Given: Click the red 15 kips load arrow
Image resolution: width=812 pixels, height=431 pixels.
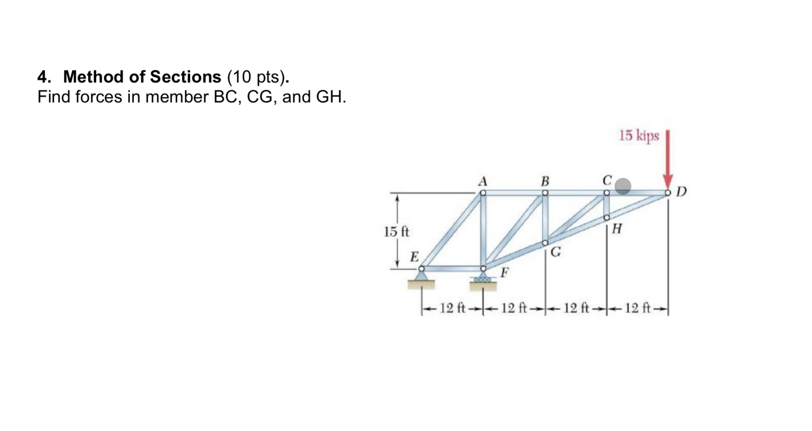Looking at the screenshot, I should [x=668, y=159].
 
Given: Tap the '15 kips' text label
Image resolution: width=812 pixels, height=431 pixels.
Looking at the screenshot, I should [x=638, y=135].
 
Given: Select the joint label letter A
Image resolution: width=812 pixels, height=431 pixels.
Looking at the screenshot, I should [x=483, y=181].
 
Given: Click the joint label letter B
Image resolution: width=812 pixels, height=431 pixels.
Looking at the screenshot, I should [x=545, y=181].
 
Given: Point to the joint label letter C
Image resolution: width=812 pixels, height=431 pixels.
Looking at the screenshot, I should [x=607, y=180].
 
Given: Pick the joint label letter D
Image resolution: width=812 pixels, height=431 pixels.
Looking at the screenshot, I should [x=682, y=192].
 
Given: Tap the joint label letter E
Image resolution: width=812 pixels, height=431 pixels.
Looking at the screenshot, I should [x=414, y=257].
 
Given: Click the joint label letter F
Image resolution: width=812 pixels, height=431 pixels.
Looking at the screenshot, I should [x=504, y=272].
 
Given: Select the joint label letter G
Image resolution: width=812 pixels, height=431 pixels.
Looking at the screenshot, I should [x=556, y=252].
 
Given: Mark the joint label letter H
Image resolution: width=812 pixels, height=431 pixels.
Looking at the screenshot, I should [x=617, y=229].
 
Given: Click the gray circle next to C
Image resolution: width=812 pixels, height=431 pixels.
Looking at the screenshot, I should [x=623, y=186].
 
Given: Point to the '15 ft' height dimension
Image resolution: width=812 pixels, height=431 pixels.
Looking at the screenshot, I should [x=397, y=231].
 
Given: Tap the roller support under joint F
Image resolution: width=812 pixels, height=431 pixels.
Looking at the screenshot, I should [x=483, y=279].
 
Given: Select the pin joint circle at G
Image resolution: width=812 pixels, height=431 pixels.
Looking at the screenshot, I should [x=545, y=242].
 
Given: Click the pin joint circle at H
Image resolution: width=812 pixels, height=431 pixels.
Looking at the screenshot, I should [x=607, y=217].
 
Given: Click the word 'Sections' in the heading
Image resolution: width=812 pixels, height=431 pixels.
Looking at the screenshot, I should [x=186, y=77].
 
